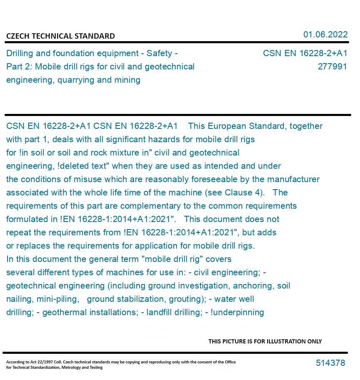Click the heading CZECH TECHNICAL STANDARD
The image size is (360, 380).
tap(60, 36)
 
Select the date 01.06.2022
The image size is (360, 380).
tap(325, 35)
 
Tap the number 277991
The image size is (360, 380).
tap(332, 67)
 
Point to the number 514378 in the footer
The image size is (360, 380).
tap(330, 363)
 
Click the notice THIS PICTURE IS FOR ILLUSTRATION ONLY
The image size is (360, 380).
tap(265, 341)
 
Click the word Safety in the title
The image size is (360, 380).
tap(159, 53)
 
